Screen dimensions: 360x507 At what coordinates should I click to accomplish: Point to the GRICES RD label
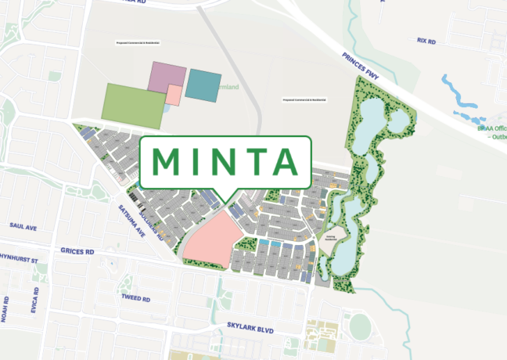(x=77, y=252)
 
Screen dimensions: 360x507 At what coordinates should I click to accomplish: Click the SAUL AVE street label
(x=24, y=225)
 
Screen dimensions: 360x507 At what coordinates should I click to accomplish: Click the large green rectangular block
(x=133, y=103)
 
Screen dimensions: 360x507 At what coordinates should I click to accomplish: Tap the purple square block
(x=167, y=79)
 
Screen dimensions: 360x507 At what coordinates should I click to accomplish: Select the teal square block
(x=203, y=85)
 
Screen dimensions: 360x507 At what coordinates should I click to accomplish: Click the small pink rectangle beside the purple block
(x=174, y=95)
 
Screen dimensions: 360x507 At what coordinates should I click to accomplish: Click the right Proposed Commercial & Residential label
(x=304, y=100)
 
